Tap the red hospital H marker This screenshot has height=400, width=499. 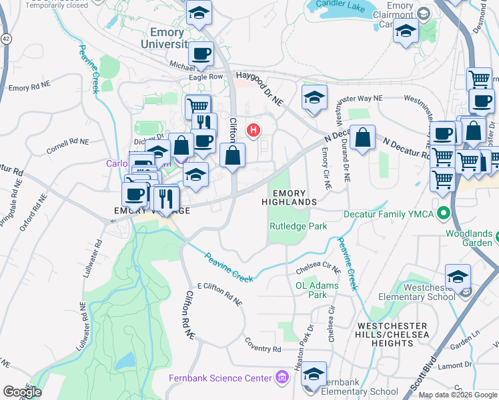point(254,130)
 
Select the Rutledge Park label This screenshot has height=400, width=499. point(298,226)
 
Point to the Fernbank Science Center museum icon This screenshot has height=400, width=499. point(282,379)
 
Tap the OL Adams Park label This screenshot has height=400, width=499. point(317,290)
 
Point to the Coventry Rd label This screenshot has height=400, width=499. point(263,349)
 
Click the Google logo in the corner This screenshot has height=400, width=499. point(22,392)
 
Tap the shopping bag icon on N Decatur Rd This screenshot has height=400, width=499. point(362,139)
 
